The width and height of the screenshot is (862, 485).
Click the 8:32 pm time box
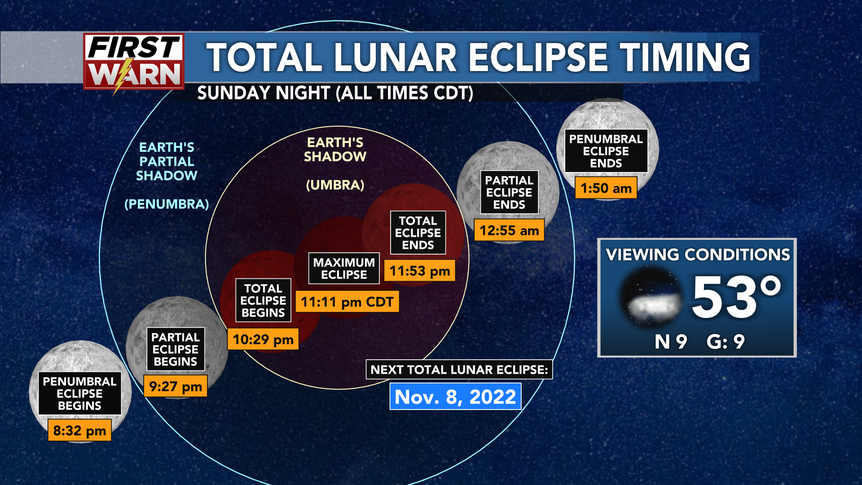click(x=79, y=430)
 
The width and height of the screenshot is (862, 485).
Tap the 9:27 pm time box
click(x=176, y=386)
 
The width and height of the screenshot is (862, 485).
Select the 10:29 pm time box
click(x=263, y=339)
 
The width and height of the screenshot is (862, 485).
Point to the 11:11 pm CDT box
click(x=347, y=302)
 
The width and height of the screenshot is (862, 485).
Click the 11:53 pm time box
click(x=420, y=271)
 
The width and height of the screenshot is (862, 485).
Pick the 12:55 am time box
click(x=509, y=230)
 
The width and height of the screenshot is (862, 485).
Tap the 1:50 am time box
click(x=606, y=188)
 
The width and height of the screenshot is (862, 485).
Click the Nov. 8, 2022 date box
click(x=455, y=397)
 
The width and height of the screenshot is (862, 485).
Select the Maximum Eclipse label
click(x=344, y=269)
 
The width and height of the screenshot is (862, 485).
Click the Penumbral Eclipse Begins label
click(x=79, y=393)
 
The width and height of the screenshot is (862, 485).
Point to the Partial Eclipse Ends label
click(x=509, y=192)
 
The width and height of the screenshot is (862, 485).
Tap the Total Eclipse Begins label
click(x=263, y=300)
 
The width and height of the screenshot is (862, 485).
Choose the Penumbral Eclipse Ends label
click(x=606, y=151)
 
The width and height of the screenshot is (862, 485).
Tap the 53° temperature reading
click(x=736, y=297)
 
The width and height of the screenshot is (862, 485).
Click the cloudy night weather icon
click(x=651, y=297)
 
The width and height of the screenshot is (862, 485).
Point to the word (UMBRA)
click(x=335, y=185)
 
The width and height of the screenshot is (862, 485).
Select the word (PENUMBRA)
click(x=167, y=204)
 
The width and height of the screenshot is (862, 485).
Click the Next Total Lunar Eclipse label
click(x=459, y=370)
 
